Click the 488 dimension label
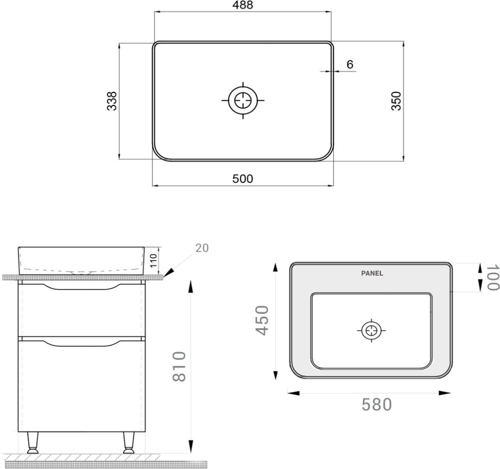(x=242, y=5)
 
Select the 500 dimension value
(x=242, y=179)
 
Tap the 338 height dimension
(x=112, y=101)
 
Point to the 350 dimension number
(x=396, y=101)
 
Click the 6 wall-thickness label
(x=350, y=64)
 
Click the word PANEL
(x=372, y=273)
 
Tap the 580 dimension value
(x=376, y=405)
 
